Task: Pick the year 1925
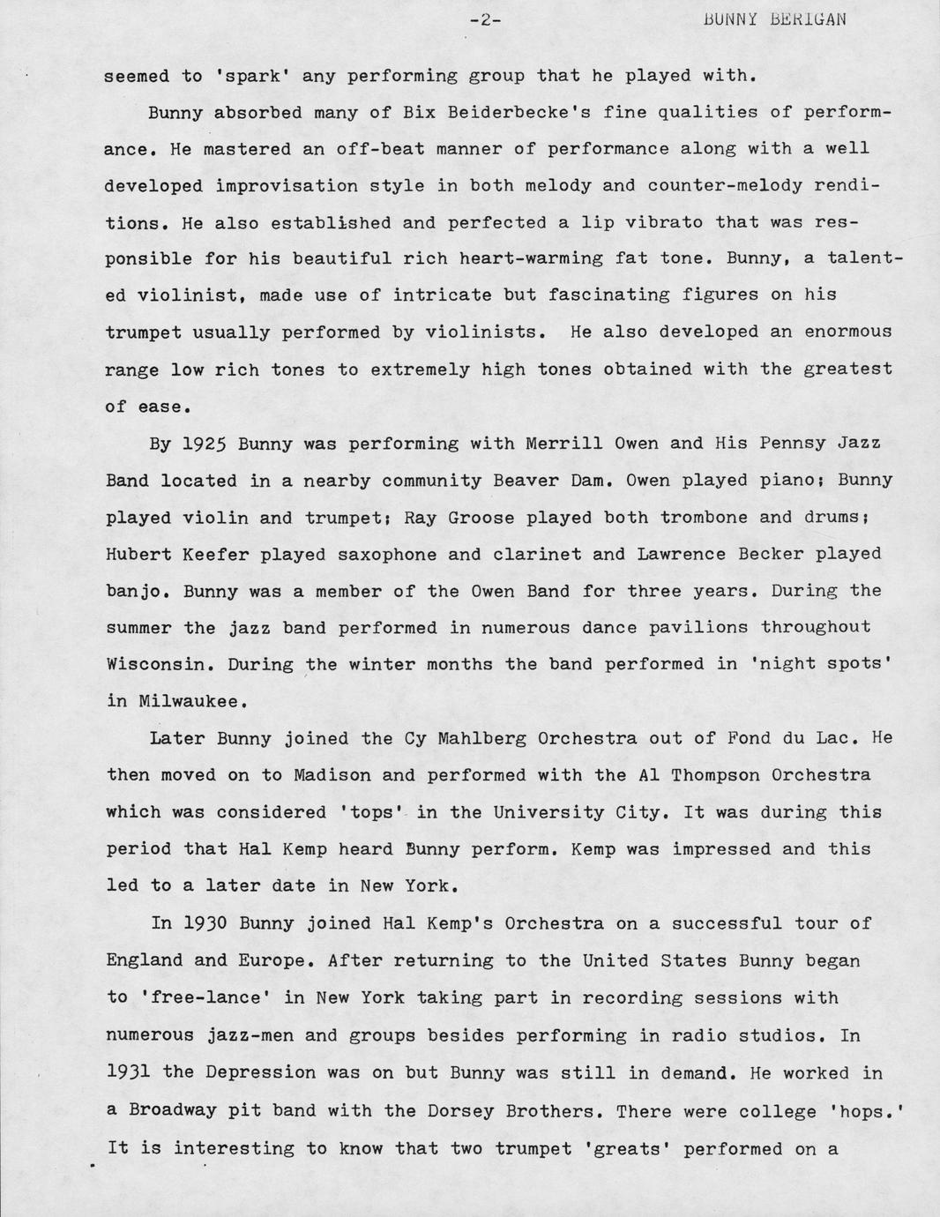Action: (x=205, y=444)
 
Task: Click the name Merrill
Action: (x=559, y=443)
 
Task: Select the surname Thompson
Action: (x=715, y=775)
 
